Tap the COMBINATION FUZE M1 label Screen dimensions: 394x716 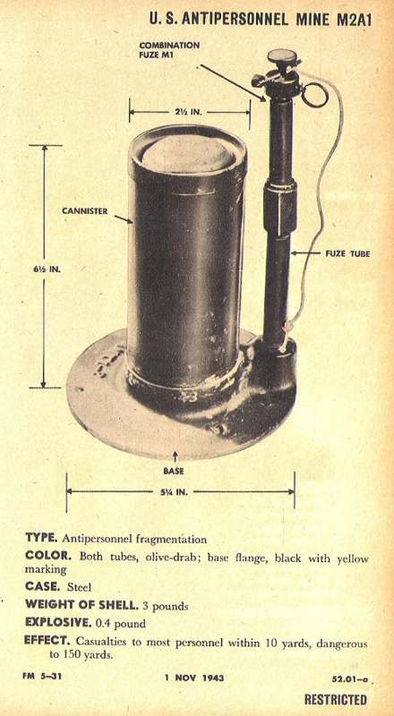pyautogui.click(x=169, y=49)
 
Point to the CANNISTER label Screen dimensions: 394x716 pyautogui.click(x=85, y=211)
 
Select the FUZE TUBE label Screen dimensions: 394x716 pyautogui.click(x=347, y=253)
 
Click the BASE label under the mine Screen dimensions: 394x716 pyautogui.click(x=174, y=470)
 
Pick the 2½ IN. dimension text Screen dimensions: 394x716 pyautogui.click(x=189, y=111)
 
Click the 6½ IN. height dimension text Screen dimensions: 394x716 pyautogui.click(x=46, y=269)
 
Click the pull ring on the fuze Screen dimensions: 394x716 pyautogui.click(x=314, y=95)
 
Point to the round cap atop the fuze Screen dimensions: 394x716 pyautogui.click(x=282, y=56)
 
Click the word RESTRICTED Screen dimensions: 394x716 pyautogui.click(x=336, y=700)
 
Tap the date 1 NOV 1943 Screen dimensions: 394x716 pyautogui.click(x=194, y=678)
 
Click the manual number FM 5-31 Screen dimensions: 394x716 pyautogui.click(x=41, y=677)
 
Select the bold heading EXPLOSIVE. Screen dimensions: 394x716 pyautogui.click(x=58, y=622)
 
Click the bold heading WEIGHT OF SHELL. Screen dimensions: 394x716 pyautogui.click(x=81, y=604)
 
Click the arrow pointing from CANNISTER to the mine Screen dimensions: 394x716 pyautogui.click(x=123, y=219)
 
